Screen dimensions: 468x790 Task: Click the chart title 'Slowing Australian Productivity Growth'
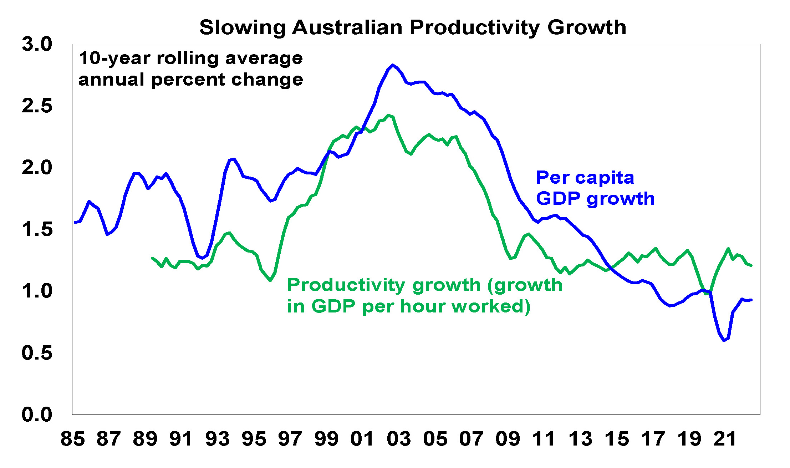click(413, 27)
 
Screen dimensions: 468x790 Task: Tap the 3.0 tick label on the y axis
click(37, 44)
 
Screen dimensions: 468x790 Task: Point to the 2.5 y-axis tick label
click(37, 106)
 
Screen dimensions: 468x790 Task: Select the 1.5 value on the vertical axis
click(37, 229)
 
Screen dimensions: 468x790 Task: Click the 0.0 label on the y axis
click(37, 414)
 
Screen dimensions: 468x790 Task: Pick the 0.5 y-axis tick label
click(37, 353)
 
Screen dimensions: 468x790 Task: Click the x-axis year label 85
click(73, 439)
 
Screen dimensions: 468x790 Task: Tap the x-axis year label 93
click(218, 439)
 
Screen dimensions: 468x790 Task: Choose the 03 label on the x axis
click(399, 439)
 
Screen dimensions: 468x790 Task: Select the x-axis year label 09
click(508, 439)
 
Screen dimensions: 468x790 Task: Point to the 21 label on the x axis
click(725, 439)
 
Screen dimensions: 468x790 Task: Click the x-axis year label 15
click(617, 439)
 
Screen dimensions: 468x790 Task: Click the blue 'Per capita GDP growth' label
click(595, 188)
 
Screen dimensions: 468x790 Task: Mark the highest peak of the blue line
click(393, 65)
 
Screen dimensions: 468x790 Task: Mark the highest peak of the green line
click(389, 115)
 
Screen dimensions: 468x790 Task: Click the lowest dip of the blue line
click(724, 340)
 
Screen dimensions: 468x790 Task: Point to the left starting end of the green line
click(152, 258)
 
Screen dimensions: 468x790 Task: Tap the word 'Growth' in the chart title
click(587, 27)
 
